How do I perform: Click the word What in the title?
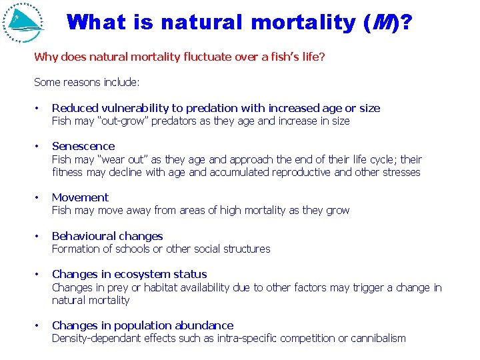96,22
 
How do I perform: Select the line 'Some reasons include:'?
87,82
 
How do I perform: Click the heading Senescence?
83,146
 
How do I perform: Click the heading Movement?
80,197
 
